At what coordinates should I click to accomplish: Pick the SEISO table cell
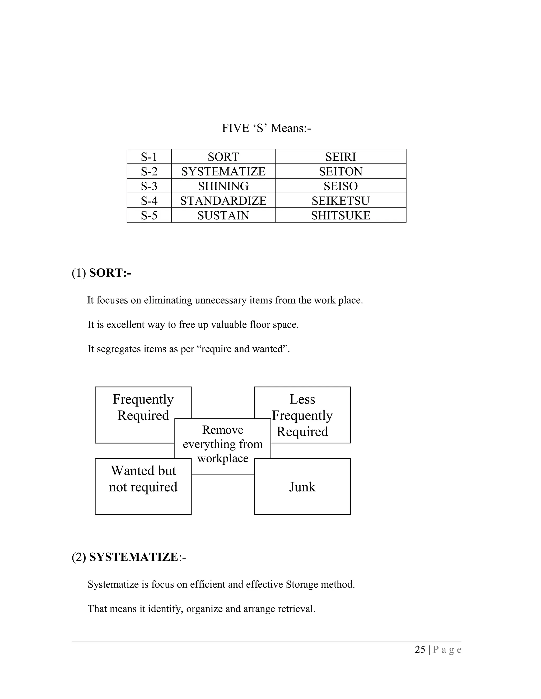pos(340,186)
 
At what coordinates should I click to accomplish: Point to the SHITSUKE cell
pos(340,216)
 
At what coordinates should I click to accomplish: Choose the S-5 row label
pos(149,216)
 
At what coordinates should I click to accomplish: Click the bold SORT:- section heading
pos(110,273)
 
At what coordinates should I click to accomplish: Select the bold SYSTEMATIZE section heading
pos(133,557)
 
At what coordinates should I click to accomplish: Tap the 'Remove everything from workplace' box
pos(223,444)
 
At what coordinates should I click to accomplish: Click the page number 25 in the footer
pos(420,649)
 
